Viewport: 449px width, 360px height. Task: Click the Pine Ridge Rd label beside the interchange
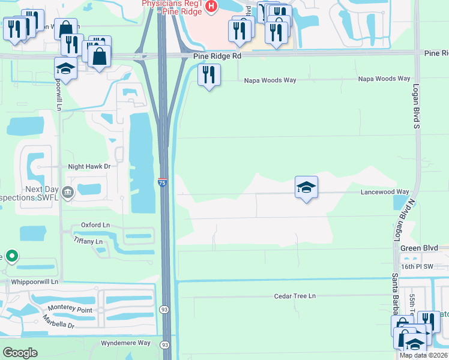coord(217,56)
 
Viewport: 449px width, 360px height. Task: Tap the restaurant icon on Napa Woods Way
coord(208,75)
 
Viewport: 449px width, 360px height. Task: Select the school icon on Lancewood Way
coord(306,188)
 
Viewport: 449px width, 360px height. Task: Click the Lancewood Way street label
coord(384,192)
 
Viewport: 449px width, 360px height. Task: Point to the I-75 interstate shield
coord(163,183)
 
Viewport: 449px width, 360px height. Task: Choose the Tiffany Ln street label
coord(88,241)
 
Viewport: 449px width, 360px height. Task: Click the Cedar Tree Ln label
coord(295,296)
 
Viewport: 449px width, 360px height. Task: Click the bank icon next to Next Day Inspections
coord(67,193)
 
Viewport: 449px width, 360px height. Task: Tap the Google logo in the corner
coord(19,353)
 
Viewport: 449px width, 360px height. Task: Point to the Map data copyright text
coord(424,355)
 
